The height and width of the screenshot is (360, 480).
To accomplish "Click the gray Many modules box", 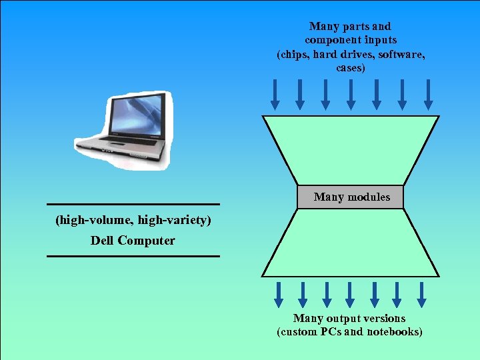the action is (351, 197).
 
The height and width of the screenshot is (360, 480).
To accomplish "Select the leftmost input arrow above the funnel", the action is (274, 95).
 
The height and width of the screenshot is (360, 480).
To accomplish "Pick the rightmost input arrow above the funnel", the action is (428, 95).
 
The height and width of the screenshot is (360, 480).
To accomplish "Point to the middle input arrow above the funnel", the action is (351, 95).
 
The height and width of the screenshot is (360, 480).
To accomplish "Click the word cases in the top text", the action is (351, 68).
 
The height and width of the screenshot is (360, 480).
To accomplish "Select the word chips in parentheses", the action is (294, 54).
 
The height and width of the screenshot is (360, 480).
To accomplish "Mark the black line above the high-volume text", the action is (133, 204).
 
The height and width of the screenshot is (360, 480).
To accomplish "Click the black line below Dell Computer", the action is (133, 255).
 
